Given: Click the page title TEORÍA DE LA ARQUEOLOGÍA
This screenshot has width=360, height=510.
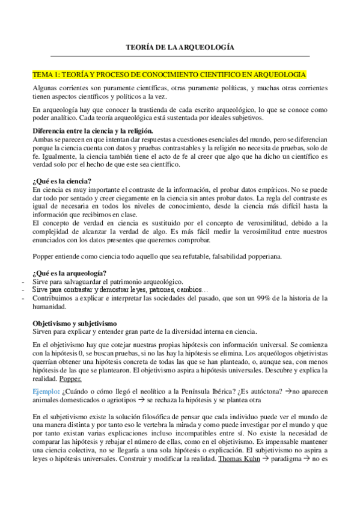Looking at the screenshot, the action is tap(180, 46).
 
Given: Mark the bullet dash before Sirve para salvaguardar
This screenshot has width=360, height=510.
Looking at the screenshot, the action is tap(22, 281).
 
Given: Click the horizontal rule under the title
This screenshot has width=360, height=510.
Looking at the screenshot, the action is tap(180, 57).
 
